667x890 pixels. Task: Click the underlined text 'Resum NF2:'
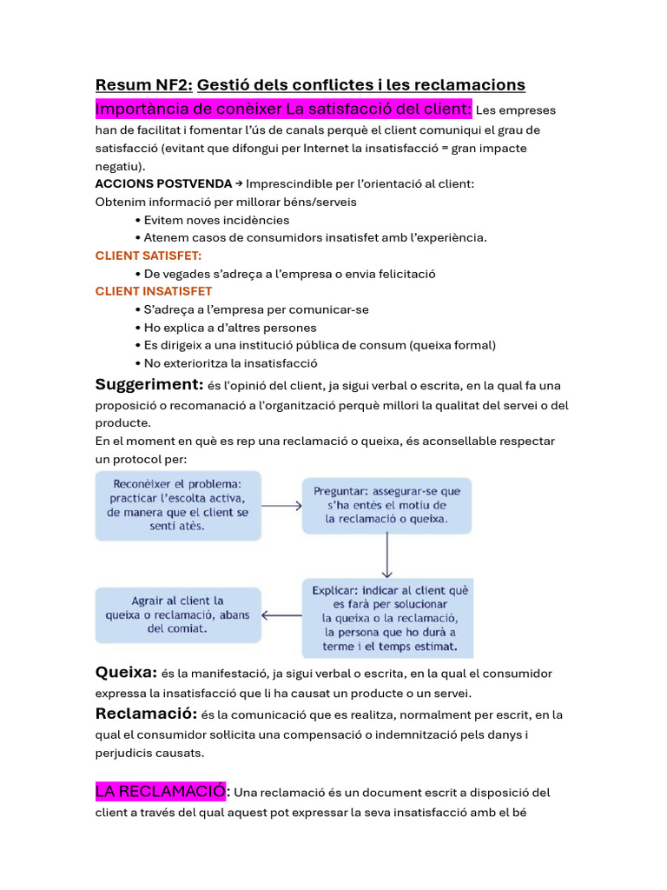[143, 84]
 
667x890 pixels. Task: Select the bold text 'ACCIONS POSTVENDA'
[163, 183]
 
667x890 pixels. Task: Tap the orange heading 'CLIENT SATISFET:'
[148, 256]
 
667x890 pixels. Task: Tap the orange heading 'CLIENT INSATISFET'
[154, 291]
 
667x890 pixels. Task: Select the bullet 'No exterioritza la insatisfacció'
[230, 363]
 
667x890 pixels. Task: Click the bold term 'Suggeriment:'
[149, 384]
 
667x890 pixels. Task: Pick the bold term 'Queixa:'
[126, 672]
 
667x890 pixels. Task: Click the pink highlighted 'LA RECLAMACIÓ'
[160, 791]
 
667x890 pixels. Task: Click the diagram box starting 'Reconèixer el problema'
[178, 505]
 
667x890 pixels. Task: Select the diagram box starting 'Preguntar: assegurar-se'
[386, 505]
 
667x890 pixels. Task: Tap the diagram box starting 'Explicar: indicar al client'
[387, 618]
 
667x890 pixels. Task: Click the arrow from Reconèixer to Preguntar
[281, 505]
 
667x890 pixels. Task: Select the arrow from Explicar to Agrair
[281, 616]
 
